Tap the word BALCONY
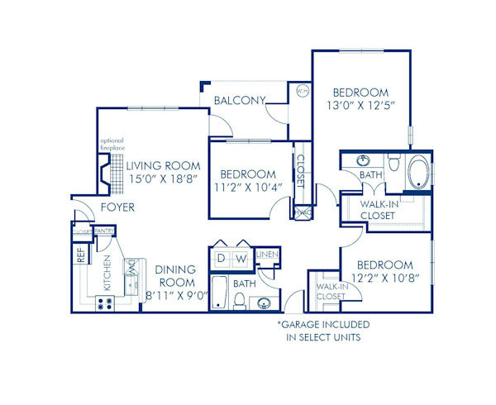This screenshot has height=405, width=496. (x=240, y=101)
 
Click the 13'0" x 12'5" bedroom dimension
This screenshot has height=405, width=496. (x=360, y=107)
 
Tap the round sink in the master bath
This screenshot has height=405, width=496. (x=363, y=160)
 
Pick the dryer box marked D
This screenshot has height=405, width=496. (x=221, y=260)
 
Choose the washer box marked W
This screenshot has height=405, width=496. (x=242, y=260)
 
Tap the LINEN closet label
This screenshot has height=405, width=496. (x=266, y=255)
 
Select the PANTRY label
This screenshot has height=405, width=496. (x=103, y=231)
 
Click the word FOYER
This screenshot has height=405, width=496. (x=117, y=207)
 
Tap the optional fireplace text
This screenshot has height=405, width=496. (x=112, y=144)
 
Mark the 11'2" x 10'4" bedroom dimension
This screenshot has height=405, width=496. (x=248, y=188)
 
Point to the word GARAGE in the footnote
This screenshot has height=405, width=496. (x=305, y=325)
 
